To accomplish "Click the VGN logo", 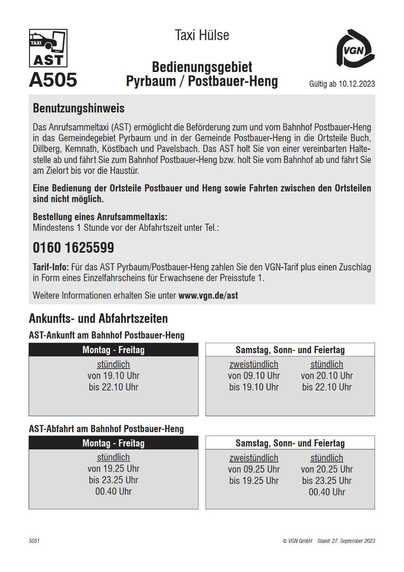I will pos(355,49).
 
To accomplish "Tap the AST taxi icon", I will pos(48,48).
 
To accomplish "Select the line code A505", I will pos(53,80).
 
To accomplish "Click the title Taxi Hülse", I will pos(202,35).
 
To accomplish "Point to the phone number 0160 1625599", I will pos(73,248).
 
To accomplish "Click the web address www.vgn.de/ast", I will pos(208,296).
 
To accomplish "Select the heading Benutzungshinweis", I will pos(79,108).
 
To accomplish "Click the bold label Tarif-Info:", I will pos(50,267).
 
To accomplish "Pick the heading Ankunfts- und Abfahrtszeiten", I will pos(98,318).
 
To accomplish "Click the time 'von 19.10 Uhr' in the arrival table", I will pos(113,376).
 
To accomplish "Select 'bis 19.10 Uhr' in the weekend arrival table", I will pos(254,387).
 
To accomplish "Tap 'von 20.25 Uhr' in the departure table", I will pos(327,469).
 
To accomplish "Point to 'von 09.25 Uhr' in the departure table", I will pos(254,469).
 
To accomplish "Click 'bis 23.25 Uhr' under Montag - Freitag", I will pos(113,480).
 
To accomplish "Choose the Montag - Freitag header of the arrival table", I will pos(113,350).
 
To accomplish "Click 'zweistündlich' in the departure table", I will pos(254,458).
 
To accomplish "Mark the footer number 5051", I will pos(34,541).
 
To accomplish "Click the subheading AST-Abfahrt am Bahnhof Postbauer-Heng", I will pos(106,429).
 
